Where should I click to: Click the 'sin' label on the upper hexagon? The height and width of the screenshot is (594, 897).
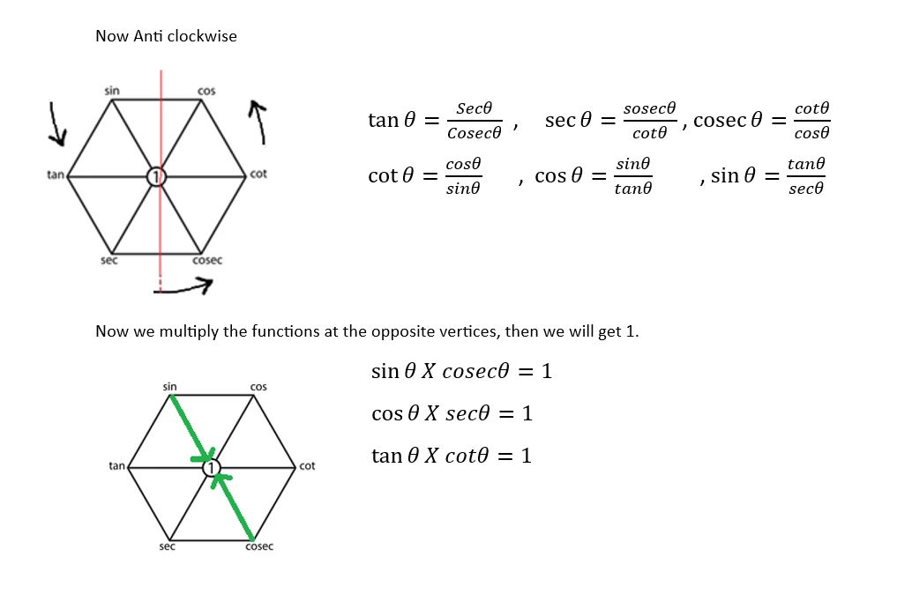[112, 91]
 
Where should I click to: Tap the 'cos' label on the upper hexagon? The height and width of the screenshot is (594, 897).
[206, 91]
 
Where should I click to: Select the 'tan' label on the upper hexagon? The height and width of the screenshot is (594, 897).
[56, 174]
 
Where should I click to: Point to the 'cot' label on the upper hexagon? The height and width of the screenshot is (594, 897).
[258, 174]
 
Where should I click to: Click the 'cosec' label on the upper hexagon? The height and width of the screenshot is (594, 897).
[207, 260]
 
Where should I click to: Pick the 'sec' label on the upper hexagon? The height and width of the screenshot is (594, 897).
[109, 260]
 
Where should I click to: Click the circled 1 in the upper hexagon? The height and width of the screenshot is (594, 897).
[156, 176]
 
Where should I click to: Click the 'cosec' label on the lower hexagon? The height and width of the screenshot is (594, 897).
[258, 546]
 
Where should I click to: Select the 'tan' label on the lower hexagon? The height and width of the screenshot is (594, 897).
[116, 465]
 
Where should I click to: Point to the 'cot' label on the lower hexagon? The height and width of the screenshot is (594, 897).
[307, 465]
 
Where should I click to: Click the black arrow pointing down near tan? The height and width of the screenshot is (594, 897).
[56, 123]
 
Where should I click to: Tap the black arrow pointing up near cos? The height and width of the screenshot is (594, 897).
[258, 121]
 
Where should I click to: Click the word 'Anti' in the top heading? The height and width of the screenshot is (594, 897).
[145, 37]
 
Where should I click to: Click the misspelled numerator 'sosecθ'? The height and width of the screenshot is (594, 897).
[649, 108]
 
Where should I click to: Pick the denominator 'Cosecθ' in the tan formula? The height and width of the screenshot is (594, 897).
[474, 133]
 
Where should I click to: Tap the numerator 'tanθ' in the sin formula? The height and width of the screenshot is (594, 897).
[806, 164]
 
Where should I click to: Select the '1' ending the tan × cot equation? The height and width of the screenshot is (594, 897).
[527, 456]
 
